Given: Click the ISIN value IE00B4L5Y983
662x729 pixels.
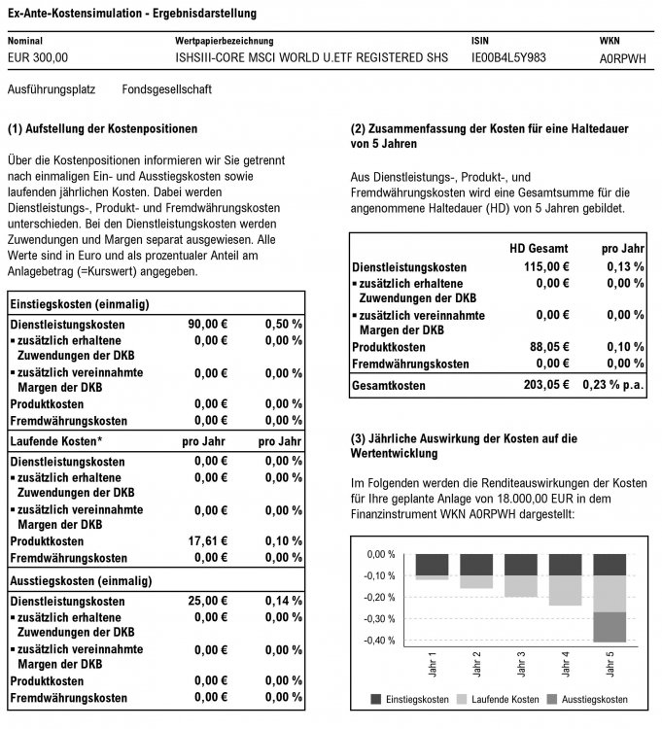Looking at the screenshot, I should pyautogui.click(x=508, y=58).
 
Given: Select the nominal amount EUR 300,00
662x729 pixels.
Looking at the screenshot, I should pyautogui.click(x=38, y=58).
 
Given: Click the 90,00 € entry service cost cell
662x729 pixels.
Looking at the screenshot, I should pyautogui.click(x=207, y=324).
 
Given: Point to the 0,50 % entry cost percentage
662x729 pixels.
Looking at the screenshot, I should pyautogui.click(x=283, y=324).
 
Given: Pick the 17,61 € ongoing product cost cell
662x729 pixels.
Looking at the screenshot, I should pyautogui.click(x=207, y=540).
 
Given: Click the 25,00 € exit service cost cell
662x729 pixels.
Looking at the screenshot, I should pyautogui.click(x=207, y=602).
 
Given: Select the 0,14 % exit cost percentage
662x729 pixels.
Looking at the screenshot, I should pyautogui.click(x=283, y=602).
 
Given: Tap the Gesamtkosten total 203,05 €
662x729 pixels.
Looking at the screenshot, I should pyautogui.click(x=545, y=385).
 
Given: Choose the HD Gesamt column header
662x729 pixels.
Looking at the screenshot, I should pyautogui.click(x=539, y=248).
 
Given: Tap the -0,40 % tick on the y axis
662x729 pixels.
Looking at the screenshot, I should pyautogui.click(x=381, y=641).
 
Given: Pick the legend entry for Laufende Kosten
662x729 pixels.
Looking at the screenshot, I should pyautogui.click(x=503, y=700).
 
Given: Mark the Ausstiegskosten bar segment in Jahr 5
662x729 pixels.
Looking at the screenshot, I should pyautogui.click(x=610, y=627).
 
